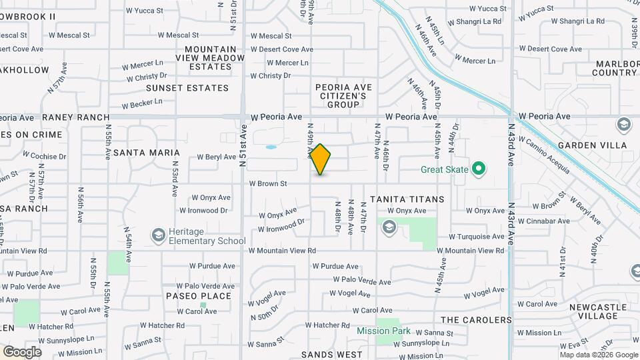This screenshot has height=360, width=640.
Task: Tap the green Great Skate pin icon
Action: pos(478,169)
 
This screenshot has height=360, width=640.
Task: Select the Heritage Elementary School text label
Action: pos(207,235)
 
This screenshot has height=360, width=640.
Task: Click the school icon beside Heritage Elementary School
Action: pos(159,235)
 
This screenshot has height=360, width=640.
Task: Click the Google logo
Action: pos(22,351)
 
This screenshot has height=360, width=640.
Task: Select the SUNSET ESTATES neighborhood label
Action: pos(187,88)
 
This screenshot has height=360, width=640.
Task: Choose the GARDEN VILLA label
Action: pos(592,145)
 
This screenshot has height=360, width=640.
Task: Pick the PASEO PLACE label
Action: pos(199,296)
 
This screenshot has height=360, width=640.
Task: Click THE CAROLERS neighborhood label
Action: pos(476,320)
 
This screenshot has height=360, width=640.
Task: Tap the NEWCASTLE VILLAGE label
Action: pos(598,313)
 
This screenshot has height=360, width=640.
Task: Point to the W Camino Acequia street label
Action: pos(544,155)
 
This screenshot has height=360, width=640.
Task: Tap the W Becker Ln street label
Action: pos(141,103)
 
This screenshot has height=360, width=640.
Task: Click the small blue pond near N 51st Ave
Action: pos(271,147)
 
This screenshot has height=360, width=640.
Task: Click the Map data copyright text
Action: pos(599,355)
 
